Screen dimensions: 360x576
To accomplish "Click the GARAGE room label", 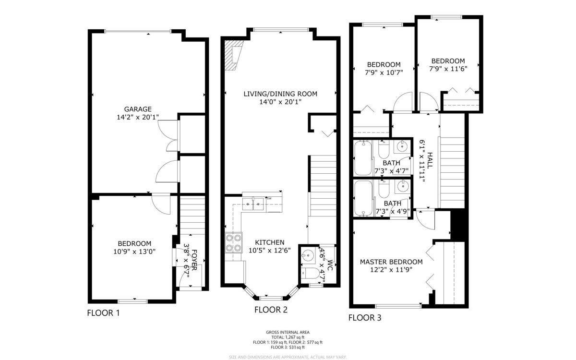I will pos(137,109).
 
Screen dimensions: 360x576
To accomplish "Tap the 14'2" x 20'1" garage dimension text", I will pos(137,117).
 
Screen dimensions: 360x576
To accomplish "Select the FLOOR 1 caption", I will pos(103,313).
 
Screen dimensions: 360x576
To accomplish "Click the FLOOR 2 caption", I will pos(271,310).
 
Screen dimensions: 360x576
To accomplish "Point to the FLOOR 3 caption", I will pos(365,317).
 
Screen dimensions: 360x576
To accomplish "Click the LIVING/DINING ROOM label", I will pos(280,94).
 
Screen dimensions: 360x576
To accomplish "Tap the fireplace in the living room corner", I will pos(235,55).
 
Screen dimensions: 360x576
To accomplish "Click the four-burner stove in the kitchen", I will pos(233,242).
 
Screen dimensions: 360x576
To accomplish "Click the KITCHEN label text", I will pos(269,242).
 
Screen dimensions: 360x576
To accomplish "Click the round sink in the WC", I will pos(306,256).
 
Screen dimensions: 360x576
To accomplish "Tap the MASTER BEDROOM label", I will pos(391,262).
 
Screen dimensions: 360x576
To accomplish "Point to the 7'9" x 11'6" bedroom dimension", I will pos(448,69).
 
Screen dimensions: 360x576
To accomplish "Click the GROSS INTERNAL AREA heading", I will pos(288,332).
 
